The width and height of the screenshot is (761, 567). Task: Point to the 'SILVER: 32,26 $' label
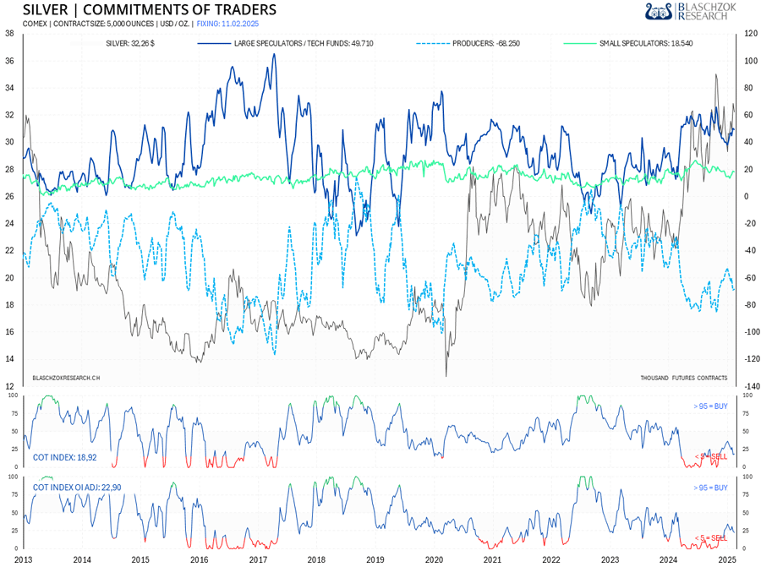[129, 42]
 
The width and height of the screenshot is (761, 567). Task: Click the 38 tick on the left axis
[8, 34]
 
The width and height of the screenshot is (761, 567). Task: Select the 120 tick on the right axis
[749, 34]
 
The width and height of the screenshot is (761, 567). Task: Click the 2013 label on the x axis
[23, 559]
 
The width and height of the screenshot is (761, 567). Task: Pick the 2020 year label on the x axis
[434, 559]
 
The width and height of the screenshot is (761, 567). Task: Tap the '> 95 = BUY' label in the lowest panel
[709, 488]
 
